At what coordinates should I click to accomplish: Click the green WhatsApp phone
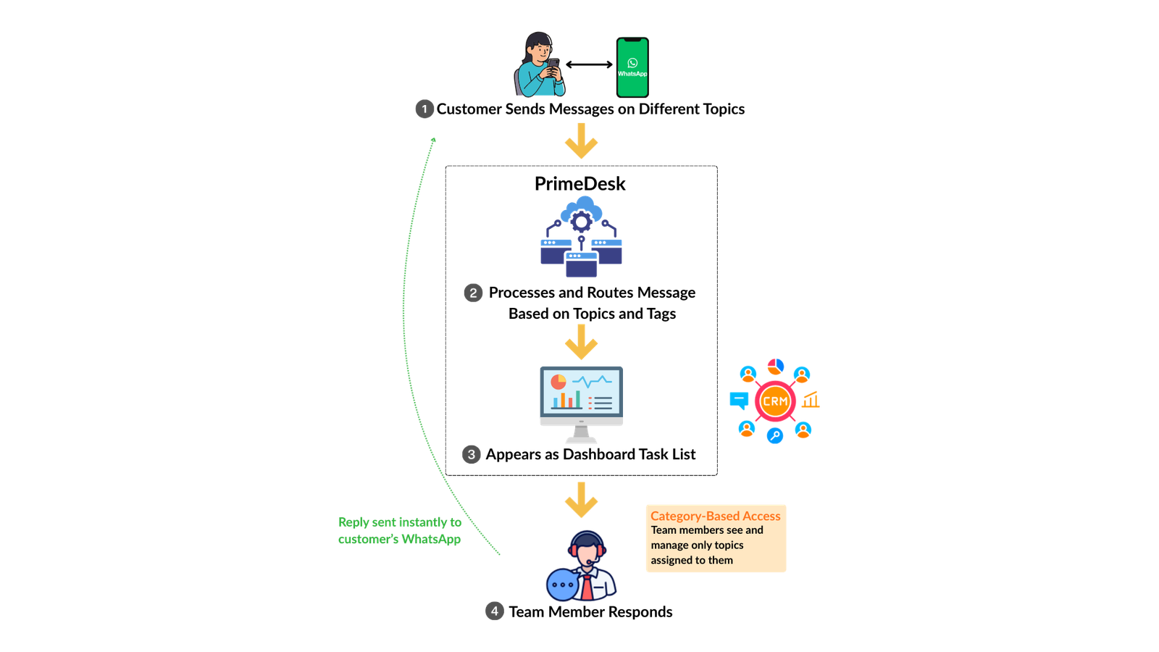pyautogui.click(x=632, y=67)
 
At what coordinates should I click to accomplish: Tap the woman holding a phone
pyautogui.click(x=539, y=66)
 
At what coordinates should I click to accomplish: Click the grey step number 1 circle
pyautogui.click(x=424, y=109)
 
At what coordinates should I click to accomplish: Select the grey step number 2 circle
pyautogui.click(x=473, y=293)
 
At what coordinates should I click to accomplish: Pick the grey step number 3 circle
pyautogui.click(x=471, y=454)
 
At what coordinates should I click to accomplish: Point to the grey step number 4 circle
pyautogui.click(x=494, y=610)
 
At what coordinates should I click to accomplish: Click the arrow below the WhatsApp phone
pyautogui.click(x=581, y=142)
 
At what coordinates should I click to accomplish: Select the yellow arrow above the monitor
pyautogui.click(x=581, y=343)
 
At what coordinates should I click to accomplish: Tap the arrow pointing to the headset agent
pyautogui.click(x=581, y=501)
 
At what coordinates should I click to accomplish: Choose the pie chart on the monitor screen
pyautogui.click(x=558, y=381)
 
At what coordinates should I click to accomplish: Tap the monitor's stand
pyautogui.click(x=581, y=435)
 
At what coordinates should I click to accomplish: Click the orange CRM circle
pyautogui.click(x=774, y=401)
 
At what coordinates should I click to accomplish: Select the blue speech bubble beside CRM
pyautogui.click(x=739, y=399)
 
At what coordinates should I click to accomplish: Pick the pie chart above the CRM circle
pyautogui.click(x=776, y=366)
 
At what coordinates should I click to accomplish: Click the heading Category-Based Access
pyautogui.click(x=715, y=516)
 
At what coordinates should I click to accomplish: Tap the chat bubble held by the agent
pyautogui.click(x=562, y=585)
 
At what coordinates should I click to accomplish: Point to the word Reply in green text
pyautogui.click(x=353, y=522)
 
